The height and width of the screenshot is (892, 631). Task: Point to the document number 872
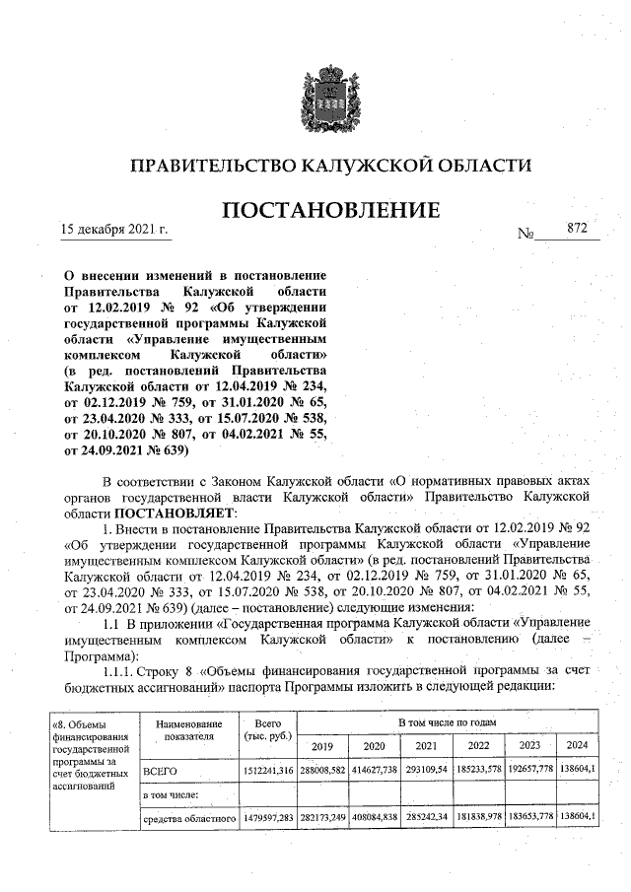click(577, 229)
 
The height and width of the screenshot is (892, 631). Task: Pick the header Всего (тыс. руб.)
click(260, 730)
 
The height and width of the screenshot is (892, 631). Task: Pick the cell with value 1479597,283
click(260, 817)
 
